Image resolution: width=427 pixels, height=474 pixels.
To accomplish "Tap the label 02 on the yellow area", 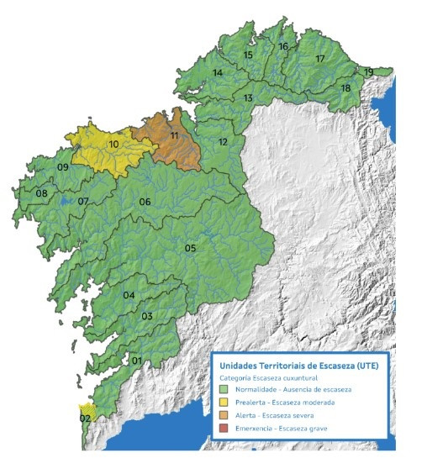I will [85, 418].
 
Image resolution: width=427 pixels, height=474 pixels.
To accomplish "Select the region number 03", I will [146, 316].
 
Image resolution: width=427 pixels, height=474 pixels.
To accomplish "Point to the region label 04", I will [129, 296].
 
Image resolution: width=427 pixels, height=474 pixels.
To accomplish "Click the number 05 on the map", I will [190, 248].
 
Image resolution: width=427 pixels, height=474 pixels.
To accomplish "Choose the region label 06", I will [145, 202].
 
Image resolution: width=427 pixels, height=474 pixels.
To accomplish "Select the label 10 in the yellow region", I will [113, 145].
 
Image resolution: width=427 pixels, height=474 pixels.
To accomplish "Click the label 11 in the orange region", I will [174, 135].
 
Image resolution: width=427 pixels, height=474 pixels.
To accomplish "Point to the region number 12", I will [223, 142].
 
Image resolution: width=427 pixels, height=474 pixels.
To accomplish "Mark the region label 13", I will [248, 98].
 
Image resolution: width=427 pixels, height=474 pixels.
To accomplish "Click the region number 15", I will [248, 55].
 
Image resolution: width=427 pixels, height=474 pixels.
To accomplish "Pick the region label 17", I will [319, 59].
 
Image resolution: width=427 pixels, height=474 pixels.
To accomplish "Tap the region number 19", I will [369, 72].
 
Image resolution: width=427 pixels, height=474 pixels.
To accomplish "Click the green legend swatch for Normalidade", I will [223, 389].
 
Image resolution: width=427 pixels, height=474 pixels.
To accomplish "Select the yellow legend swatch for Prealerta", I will [223, 403].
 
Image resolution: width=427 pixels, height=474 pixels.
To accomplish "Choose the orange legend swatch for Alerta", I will [223, 416].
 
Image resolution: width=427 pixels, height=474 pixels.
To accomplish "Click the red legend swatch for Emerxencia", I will [223, 429].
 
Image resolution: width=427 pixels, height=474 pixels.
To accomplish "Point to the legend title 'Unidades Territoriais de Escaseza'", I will [298, 366].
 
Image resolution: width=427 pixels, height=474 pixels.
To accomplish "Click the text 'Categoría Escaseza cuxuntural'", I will [266, 378].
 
